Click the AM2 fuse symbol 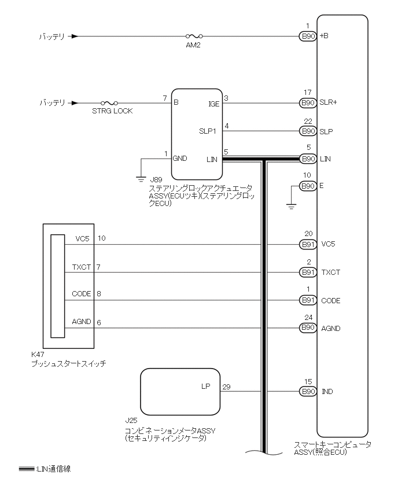point(189,36)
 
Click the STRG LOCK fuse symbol point(109,103)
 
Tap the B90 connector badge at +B point(308,36)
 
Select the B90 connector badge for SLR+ point(308,103)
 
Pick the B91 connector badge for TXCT point(308,273)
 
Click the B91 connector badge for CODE point(308,300)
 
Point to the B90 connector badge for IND point(308,392)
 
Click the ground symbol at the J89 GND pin point(141,179)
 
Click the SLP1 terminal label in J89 point(207,131)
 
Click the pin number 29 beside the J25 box point(226,387)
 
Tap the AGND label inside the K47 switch point(82,322)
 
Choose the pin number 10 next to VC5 point(102,238)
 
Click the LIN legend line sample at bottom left point(26,469)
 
